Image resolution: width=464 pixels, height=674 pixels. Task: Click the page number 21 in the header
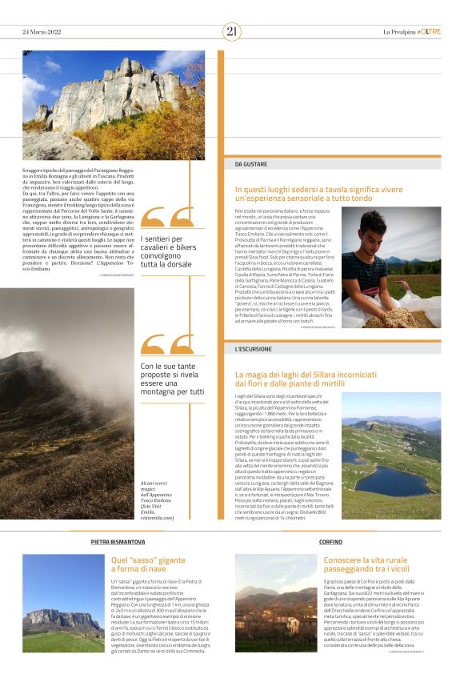tap(232, 31)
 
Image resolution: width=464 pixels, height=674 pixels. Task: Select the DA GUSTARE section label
tap(251, 163)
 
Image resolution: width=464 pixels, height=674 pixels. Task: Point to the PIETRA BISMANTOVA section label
tap(118, 542)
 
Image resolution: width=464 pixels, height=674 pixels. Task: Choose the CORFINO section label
tap(330, 542)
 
